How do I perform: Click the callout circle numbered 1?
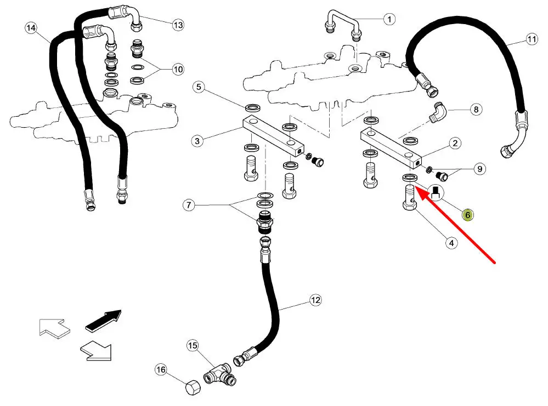click(x=389, y=19)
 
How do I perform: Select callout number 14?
click(x=31, y=28)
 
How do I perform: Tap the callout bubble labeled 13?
click(x=178, y=25)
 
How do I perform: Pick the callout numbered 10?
click(x=178, y=70)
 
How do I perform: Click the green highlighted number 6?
click(x=467, y=215)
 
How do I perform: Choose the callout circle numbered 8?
click(x=476, y=110)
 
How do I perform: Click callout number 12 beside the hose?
click(x=315, y=300)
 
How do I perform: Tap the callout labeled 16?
click(x=160, y=370)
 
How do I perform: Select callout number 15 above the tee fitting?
click(x=193, y=346)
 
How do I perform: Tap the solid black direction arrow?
click(x=104, y=320)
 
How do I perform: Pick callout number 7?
click(x=189, y=205)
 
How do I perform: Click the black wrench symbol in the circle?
click(x=434, y=193)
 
